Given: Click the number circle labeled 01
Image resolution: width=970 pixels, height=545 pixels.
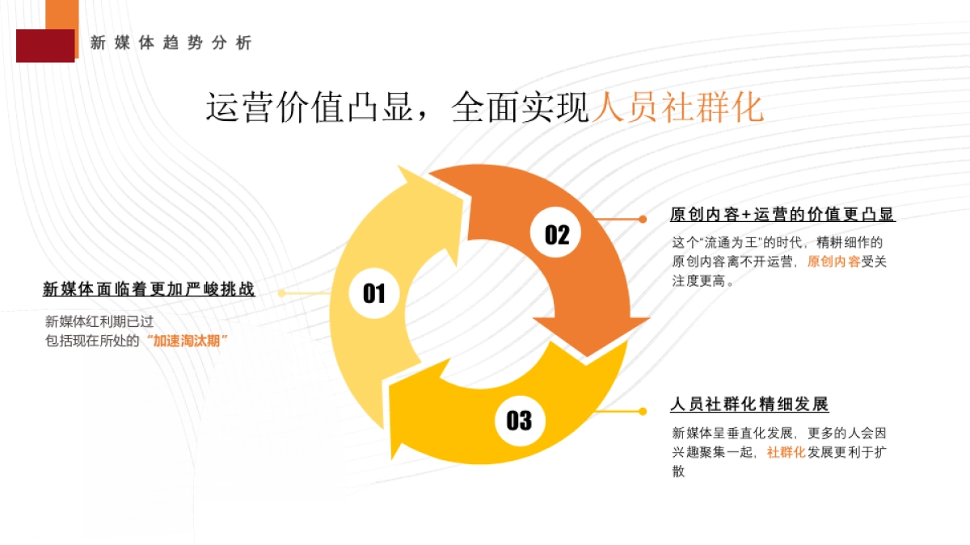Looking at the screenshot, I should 373,293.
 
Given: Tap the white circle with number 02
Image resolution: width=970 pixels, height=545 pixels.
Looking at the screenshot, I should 557,234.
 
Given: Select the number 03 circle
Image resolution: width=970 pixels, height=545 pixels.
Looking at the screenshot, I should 519,420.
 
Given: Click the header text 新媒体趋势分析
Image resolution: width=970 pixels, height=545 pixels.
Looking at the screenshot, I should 171,44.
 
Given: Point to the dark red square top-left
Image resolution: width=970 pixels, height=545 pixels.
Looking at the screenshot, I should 44,45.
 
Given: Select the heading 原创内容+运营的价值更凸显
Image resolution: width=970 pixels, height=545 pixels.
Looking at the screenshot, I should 782,215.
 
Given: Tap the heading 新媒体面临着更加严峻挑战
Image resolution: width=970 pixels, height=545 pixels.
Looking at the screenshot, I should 149,290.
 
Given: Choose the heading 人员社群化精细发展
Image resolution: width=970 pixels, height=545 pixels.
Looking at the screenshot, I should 749,405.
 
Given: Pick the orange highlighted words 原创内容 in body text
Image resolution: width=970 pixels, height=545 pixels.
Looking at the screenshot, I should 833,262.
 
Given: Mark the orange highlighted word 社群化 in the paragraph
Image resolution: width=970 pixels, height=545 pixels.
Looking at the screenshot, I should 786,452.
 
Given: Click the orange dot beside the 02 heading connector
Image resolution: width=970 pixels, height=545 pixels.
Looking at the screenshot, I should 643,219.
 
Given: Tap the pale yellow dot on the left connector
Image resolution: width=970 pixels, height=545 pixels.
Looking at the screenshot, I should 281,293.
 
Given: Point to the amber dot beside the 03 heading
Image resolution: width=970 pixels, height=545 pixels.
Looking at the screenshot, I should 643,411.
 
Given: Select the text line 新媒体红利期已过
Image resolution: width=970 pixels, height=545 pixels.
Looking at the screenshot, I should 99,321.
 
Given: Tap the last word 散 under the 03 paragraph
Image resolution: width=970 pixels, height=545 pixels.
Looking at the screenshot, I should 678,472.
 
